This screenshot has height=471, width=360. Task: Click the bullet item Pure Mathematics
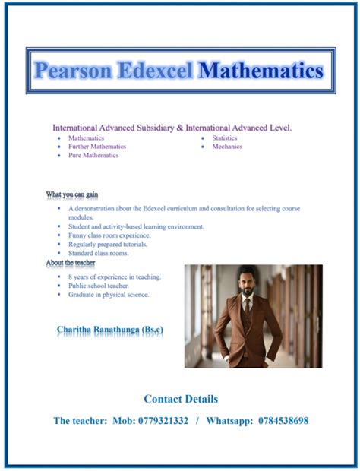(93, 155)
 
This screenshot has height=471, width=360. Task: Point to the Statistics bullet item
(225, 138)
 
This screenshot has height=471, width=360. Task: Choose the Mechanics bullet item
(227, 147)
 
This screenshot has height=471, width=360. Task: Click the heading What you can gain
(72, 195)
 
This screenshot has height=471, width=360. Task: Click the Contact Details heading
(181, 399)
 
